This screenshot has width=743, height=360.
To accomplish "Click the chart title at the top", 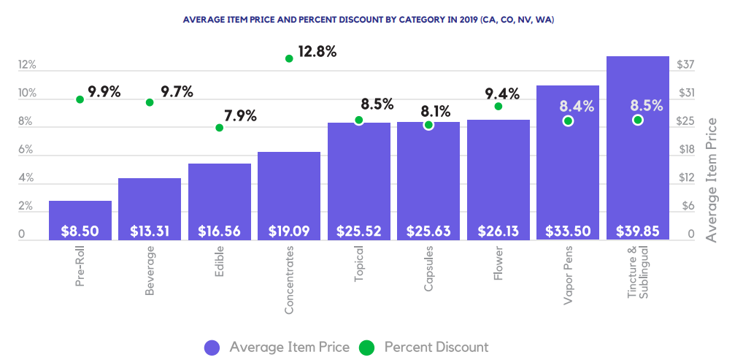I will coord(368,20).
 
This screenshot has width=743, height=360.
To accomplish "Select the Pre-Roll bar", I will coord(80,219).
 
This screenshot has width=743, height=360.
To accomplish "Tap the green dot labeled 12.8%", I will coord(289,58).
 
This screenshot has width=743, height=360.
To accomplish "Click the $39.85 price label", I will coord(637,231).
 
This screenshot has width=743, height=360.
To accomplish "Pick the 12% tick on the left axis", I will coord(27,65).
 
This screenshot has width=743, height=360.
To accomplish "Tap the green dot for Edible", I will coord(219,128).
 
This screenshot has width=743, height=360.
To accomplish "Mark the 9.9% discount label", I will coord(104,92).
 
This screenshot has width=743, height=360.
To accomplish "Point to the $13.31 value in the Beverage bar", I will coord(150,231).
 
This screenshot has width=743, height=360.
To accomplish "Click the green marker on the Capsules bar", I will coord(428,125).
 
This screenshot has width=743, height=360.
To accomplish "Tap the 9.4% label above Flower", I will coord(502,93).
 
